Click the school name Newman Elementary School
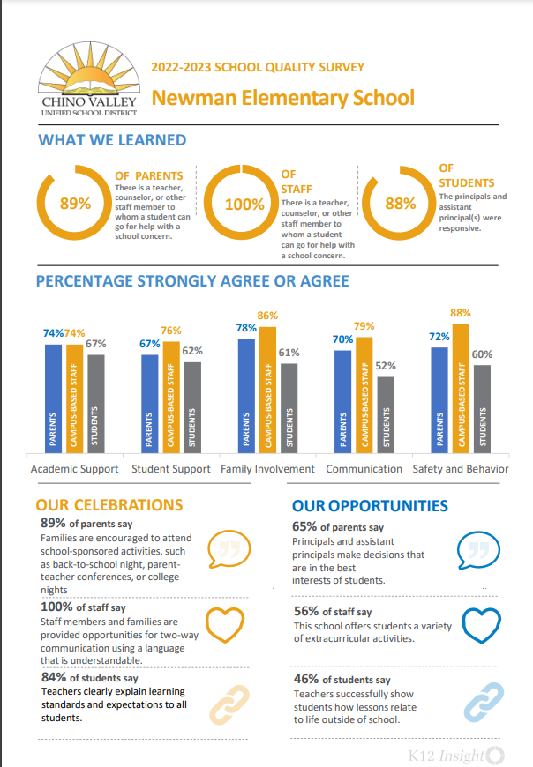[x=282, y=97]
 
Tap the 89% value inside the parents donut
[x=75, y=204]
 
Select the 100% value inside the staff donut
[x=244, y=205]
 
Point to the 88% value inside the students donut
[x=401, y=204]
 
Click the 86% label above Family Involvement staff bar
[x=267, y=315]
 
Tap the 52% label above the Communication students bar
[x=386, y=365]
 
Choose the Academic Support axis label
[x=74, y=469]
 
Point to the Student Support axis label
[x=171, y=469]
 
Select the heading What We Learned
[x=112, y=140]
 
